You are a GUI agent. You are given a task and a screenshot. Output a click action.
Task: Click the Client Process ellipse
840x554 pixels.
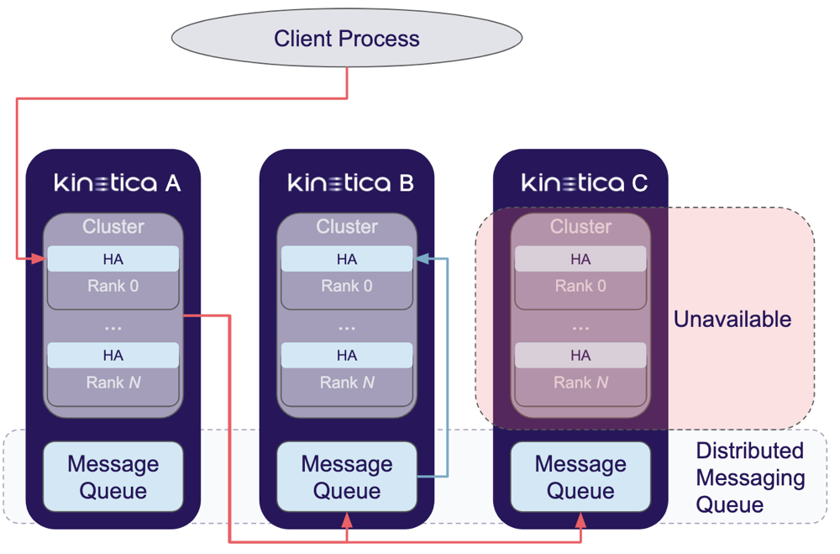pyautogui.click(x=346, y=39)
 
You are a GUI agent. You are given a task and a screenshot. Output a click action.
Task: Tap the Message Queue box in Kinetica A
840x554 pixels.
pyautogui.click(x=113, y=477)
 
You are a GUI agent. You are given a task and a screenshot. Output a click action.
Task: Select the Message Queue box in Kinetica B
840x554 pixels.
pyautogui.click(x=347, y=477)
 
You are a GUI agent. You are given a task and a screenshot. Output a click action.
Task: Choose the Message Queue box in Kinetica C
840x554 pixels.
pyautogui.click(x=580, y=477)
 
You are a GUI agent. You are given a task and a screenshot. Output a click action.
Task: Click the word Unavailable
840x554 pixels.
pyautogui.click(x=732, y=319)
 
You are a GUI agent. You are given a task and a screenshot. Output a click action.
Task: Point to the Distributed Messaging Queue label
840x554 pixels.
pyautogui.click(x=749, y=477)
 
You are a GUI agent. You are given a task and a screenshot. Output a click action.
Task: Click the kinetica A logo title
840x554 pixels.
pyautogui.click(x=118, y=182)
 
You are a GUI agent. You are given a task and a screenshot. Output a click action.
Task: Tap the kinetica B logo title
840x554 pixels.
pyautogui.click(x=351, y=182)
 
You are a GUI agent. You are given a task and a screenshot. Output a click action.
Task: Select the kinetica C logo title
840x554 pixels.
pyautogui.click(x=585, y=182)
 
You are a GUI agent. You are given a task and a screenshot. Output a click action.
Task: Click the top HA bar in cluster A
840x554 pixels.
pyautogui.click(x=113, y=259)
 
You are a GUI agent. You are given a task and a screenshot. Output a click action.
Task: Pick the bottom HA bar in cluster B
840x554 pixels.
pyautogui.click(x=347, y=356)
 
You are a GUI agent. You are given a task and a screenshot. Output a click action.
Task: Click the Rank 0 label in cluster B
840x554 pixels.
pyautogui.click(x=347, y=287)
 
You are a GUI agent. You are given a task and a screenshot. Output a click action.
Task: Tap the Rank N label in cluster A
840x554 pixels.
pyautogui.click(x=113, y=383)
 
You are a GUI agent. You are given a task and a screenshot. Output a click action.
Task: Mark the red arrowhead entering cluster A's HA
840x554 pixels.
pyautogui.click(x=39, y=259)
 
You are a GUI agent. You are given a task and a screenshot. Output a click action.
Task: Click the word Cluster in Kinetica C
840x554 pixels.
pyautogui.click(x=580, y=227)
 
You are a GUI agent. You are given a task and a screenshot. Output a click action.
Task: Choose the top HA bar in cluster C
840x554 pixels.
pyautogui.click(x=580, y=259)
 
